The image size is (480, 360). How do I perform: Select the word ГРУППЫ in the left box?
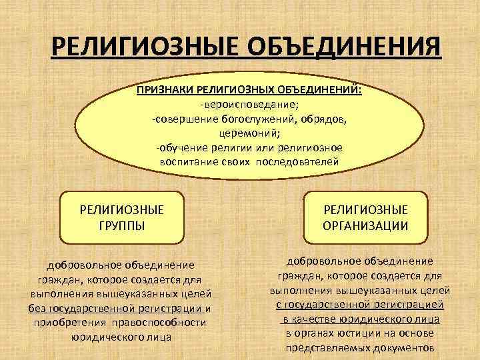(121, 225)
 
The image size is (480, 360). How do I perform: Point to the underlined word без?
(37, 308)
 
